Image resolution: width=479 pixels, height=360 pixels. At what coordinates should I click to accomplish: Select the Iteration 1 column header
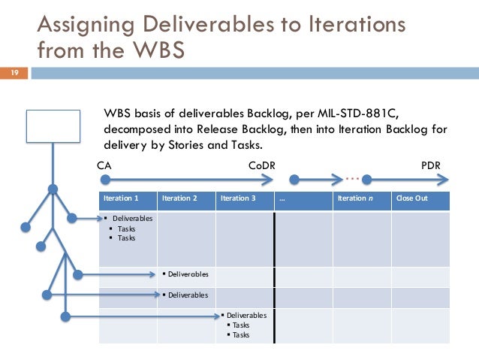point(120,198)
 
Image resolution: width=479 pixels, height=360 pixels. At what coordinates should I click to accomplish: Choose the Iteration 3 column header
point(237,198)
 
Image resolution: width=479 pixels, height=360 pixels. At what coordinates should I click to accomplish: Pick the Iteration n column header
point(354,198)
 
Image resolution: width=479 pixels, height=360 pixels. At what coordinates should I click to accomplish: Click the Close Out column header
point(413,198)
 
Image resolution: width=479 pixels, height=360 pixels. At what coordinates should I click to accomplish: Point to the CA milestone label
point(104,165)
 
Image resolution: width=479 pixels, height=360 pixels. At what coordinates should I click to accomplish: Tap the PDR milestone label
point(431,165)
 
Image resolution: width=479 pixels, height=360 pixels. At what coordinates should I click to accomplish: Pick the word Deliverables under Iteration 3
point(248,316)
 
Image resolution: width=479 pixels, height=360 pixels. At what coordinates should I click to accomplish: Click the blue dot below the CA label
point(104,180)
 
